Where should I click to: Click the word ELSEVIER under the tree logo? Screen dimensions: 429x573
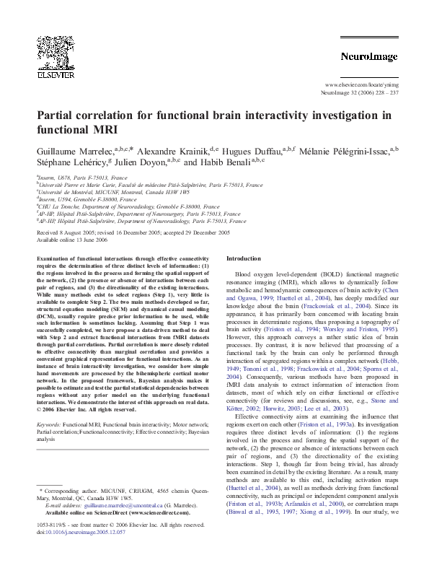click(56, 73)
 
